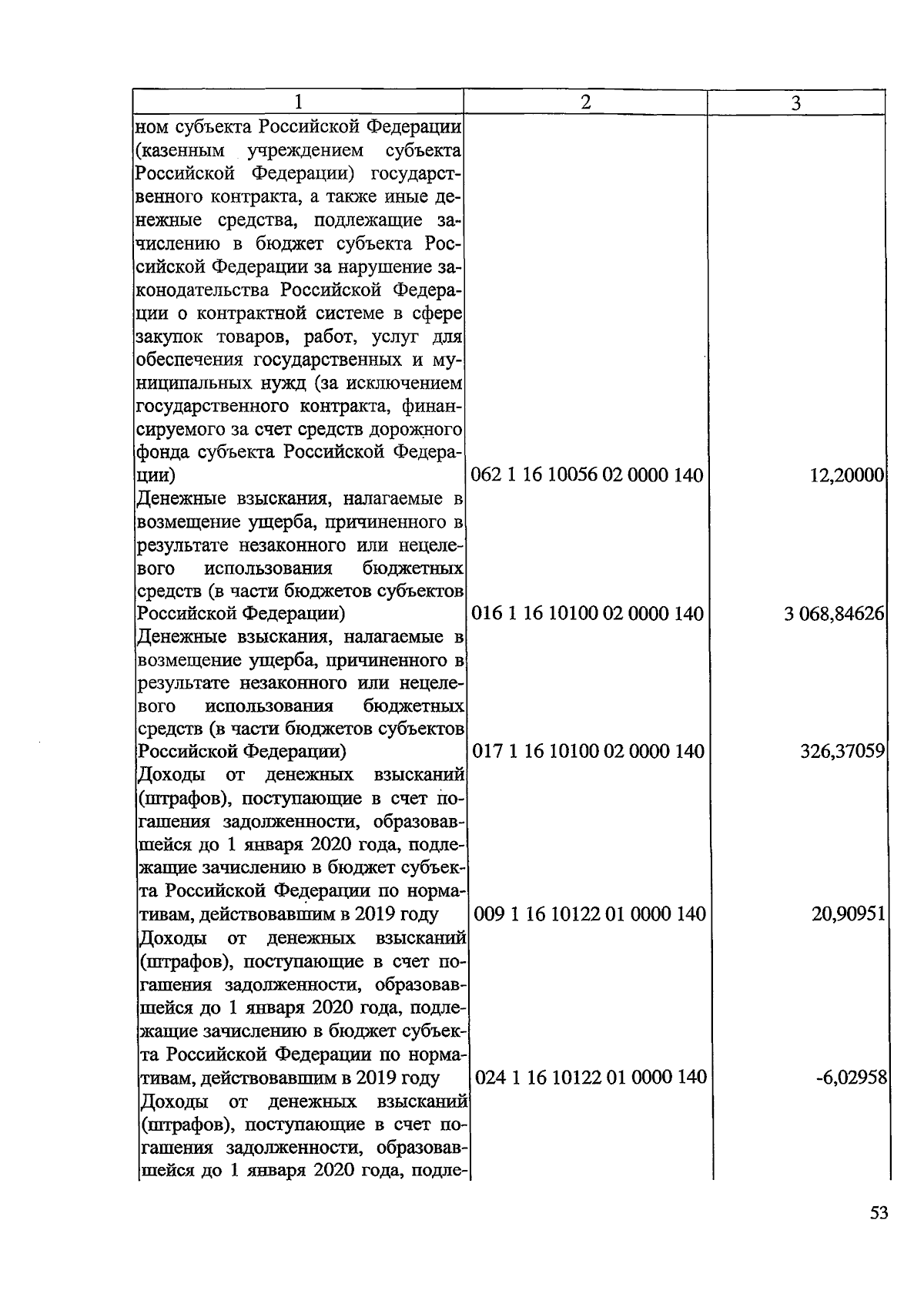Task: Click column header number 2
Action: (x=585, y=102)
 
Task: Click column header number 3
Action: (x=796, y=102)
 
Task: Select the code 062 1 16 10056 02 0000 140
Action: (x=587, y=475)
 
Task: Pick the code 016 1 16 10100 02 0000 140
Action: (x=587, y=614)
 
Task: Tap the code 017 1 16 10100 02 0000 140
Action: (x=588, y=751)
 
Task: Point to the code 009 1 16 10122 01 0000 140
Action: (x=589, y=914)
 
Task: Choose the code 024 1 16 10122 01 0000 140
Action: (x=591, y=1077)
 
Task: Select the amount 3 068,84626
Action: (x=833, y=614)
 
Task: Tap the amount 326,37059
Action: (x=842, y=751)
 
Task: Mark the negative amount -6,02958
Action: (x=852, y=1077)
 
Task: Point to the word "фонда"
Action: (x=160, y=452)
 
